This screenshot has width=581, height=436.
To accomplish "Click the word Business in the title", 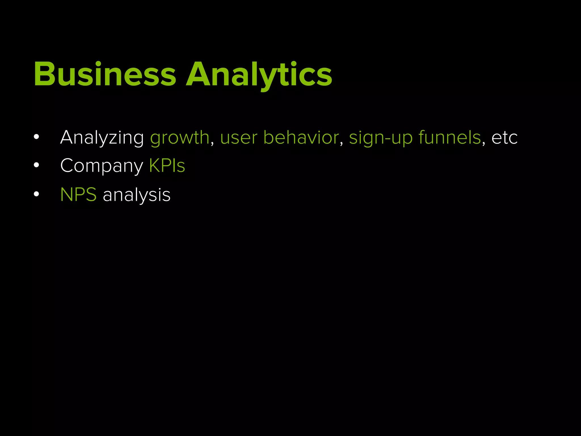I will pos(105,74).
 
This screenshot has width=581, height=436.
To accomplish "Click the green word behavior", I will pos(301,138).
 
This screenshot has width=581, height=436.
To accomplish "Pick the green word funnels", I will pos(450,138).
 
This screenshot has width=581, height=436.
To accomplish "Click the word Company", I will pos(102,166).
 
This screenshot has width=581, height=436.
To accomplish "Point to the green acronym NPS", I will pos(78,195).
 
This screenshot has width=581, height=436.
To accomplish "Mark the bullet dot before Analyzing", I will pos(36,137).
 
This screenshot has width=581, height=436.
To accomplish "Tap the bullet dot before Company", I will pos(36,165).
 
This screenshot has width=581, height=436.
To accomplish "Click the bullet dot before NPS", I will pos(36,194).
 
